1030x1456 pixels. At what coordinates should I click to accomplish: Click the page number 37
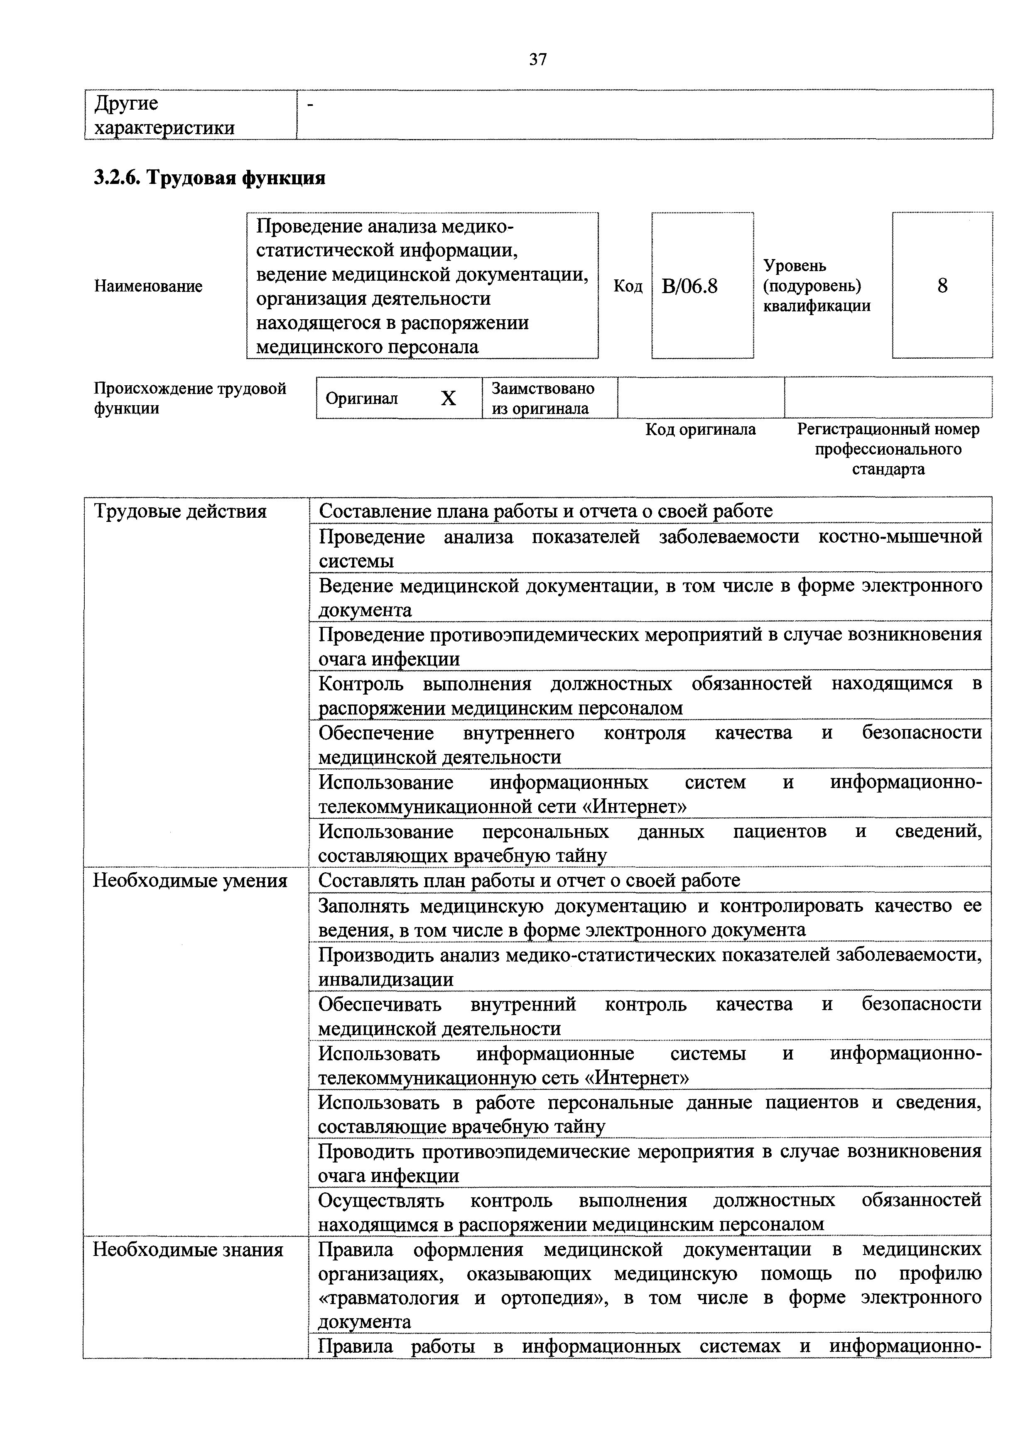click(x=538, y=60)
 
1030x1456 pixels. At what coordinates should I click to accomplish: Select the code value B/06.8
click(x=689, y=286)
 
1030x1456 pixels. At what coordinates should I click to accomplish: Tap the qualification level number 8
click(x=942, y=286)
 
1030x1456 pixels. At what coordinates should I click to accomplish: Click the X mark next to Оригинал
click(x=449, y=398)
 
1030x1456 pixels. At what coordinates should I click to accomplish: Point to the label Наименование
click(x=148, y=286)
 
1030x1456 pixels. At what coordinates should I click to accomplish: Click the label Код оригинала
click(x=700, y=430)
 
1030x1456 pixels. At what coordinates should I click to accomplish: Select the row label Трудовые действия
click(x=180, y=511)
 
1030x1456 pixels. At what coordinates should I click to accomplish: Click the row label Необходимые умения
click(x=190, y=881)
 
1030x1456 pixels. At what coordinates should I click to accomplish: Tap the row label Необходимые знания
click(x=188, y=1250)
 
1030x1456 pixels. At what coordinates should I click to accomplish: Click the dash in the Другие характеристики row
click(x=311, y=104)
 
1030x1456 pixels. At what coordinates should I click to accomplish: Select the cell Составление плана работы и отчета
click(x=545, y=511)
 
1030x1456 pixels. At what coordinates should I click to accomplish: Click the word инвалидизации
click(x=385, y=980)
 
